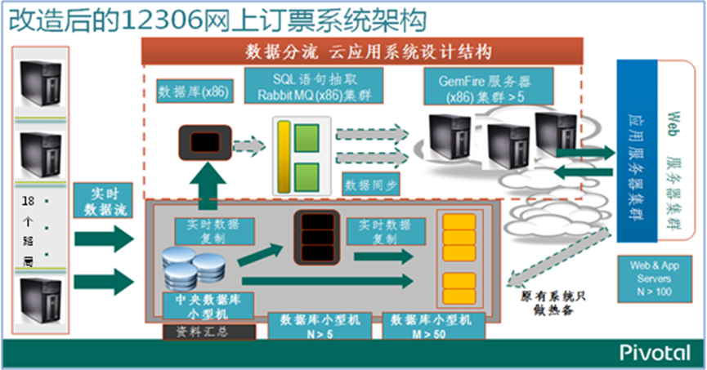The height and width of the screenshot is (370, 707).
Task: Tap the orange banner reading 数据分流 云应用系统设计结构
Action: [x=368, y=52]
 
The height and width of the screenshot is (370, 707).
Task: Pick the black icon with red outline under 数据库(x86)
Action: [x=204, y=142]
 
